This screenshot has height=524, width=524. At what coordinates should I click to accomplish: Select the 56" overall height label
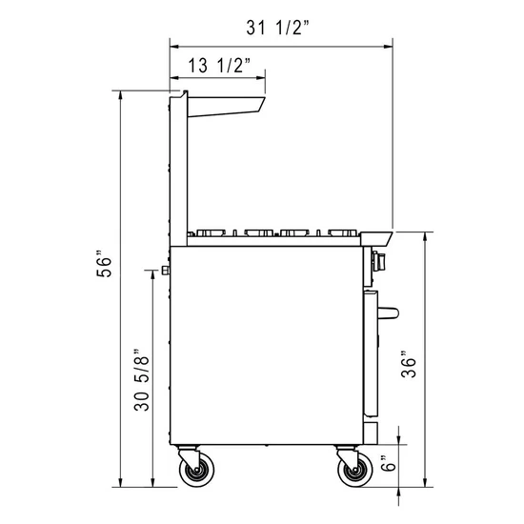coord(109,265)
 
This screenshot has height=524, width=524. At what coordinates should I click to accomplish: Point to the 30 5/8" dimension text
coord(143,380)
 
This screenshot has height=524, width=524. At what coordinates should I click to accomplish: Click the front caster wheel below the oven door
coord(353,471)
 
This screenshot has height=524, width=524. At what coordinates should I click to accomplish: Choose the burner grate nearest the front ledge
coord(341,232)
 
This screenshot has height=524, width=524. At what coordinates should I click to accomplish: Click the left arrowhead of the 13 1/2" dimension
coord(173,74)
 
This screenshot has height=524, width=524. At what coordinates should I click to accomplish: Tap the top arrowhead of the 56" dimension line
coord(121,93)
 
